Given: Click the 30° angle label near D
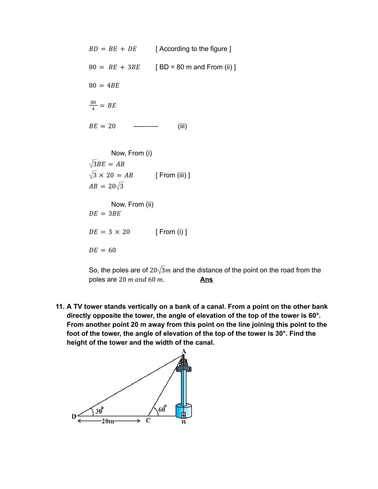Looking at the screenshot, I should (x=99, y=411).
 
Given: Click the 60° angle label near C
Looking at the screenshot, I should (x=162, y=409).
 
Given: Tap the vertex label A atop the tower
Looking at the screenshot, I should (x=184, y=351).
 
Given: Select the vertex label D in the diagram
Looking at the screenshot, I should (x=74, y=416).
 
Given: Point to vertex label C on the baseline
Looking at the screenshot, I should (x=148, y=420).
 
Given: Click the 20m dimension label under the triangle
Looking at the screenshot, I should (x=108, y=421).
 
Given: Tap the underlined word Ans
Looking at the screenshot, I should (x=206, y=279).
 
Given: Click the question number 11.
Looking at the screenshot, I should (x=60, y=307).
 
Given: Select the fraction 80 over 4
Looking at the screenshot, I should (x=93, y=105).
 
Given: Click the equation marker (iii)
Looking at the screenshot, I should (x=182, y=126).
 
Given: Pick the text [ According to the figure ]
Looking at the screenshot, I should (x=193, y=49).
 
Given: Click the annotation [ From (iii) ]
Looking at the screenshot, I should (x=173, y=175).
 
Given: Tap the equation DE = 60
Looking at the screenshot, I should (x=102, y=250).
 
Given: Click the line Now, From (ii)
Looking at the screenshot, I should (x=132, y=204).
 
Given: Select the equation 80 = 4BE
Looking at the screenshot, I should (x=104, y=86).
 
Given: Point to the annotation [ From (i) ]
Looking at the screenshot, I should (x=171, y=232).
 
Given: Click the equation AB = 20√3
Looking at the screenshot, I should (x=106, y=186).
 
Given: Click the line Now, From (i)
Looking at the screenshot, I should (x=132, y=153).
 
